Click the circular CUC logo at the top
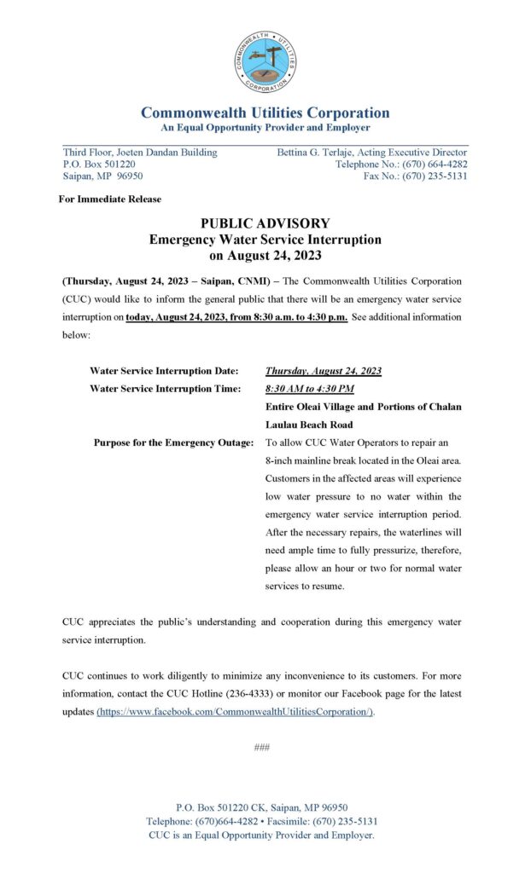(265, 61)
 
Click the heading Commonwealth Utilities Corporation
(265, 113)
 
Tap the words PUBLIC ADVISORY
(265, 223)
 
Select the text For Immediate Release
(110, 199)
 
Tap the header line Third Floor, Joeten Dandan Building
(140, 153)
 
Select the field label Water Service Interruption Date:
(164, 371)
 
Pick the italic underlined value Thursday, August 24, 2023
(324, 371)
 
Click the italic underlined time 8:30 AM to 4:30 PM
(309, 389)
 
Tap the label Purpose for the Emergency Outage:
(174, 442)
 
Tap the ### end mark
(262, 748)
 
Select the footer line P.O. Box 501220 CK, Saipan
(261, 807)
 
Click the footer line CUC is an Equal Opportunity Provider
(261, 835)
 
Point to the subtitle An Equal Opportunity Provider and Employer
(265, 128)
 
